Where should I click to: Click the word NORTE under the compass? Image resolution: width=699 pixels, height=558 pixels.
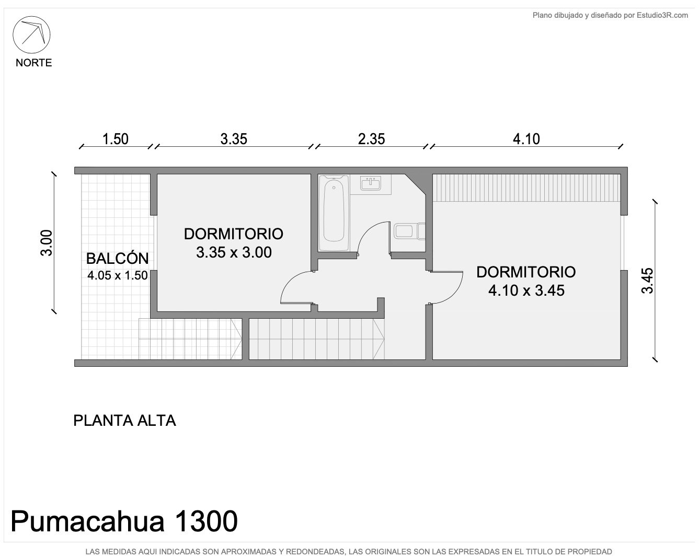click(x=34, y=63)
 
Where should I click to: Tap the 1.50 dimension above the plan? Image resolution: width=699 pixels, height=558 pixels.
click(x=116, y=140)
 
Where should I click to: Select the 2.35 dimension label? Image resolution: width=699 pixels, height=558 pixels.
click(x=371, y=140)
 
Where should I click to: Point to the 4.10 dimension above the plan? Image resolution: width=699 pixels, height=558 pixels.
click(x=526, y=140)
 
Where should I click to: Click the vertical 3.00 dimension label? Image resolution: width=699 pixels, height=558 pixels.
click(x=47, y=243)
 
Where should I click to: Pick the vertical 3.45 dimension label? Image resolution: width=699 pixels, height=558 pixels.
click(x=647, y=281)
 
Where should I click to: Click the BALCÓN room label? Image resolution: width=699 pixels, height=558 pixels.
click(x=117, y=259)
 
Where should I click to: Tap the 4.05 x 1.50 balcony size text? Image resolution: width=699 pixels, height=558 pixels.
click(x=117, y=275)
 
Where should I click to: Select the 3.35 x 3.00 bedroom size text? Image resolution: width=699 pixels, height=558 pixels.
click(x=234, y=252)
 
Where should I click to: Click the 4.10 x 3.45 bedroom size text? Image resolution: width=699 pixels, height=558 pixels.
click(x=526, y=290)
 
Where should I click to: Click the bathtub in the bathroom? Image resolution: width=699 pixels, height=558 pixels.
click(x=334, y=213)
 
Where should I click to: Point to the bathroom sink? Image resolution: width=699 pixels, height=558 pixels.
click(x=370, y=183)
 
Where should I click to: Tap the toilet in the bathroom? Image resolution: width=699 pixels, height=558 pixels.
click(x=409, y=231)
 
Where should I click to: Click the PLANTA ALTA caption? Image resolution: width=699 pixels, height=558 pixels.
click(x=124, y=421)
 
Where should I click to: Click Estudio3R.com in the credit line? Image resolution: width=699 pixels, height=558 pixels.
click(x=662, y=15)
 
